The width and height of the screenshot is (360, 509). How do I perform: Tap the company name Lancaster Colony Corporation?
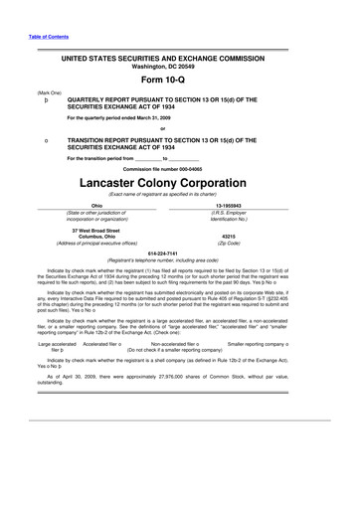(179, 185)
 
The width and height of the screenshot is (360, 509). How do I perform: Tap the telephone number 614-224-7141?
(179, 253)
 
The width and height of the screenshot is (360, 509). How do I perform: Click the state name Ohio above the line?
(96, 205)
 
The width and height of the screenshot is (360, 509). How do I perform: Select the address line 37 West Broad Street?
(96, 229)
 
